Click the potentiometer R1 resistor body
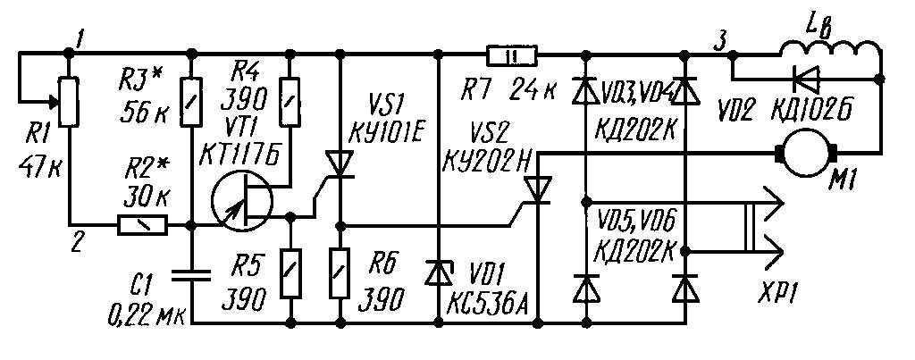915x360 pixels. pos(69,102)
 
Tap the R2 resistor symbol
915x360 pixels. pos(143,224)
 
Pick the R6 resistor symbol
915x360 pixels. pos(340,273)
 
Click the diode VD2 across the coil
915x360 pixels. pos(807,77)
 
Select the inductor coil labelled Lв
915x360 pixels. pos(831,51)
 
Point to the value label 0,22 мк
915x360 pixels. pos(146,318)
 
